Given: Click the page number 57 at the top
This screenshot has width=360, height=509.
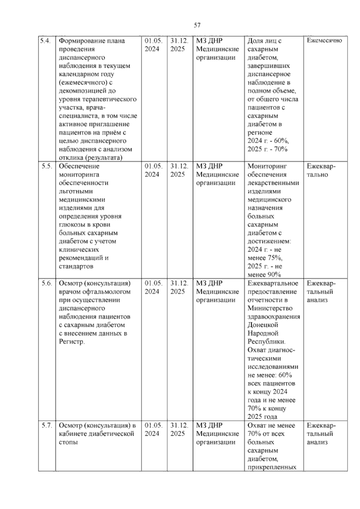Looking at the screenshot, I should click(x=197, y=25).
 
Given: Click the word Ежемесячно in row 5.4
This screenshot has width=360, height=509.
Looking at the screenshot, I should click(x=324, y=41).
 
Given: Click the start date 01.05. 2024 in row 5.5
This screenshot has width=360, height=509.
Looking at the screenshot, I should click(x=153, y=170).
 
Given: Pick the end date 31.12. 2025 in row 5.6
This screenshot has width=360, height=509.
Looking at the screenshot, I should click(x=179, y=287).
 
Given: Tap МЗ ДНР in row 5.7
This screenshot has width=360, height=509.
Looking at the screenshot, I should click(x=209, y=425).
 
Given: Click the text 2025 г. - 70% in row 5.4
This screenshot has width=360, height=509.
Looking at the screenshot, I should click(x=267, y=149).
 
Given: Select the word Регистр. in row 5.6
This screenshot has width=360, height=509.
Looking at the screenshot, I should click(x=72, y=342).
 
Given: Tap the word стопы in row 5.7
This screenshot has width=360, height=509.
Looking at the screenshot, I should click(x=68, y=442).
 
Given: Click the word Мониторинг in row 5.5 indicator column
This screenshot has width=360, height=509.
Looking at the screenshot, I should click(x=267, y=166).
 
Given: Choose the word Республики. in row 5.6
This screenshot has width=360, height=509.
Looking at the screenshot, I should click(x=266, y=342).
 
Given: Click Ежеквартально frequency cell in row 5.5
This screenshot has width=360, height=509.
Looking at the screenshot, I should click(x=321, y=170).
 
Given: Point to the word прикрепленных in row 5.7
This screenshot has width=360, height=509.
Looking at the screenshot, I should click(x=272, y=467).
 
